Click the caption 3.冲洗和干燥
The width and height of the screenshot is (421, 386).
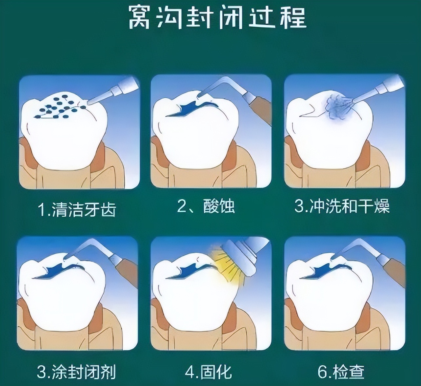pyautogui.click(x=342, y=207)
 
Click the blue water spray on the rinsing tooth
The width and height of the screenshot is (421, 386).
pyautogui.click(x=338, y=107)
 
